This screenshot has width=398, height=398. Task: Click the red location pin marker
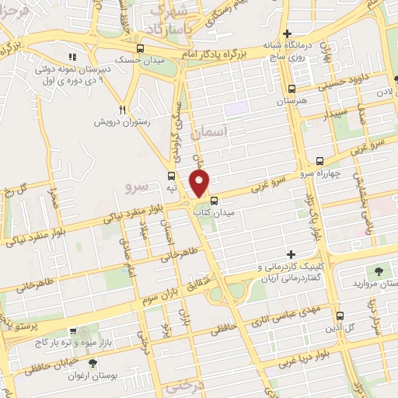pos(201,183)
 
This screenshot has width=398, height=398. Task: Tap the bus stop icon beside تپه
pos(171,175)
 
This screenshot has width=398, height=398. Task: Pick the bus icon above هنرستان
pos(292,89)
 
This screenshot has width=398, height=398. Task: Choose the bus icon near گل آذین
pos(340,316)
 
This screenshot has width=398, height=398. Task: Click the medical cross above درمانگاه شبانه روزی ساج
pos(288,34)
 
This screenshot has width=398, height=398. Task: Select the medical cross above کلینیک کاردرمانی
pos(292,255)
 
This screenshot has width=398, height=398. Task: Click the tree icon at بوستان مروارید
pos(378,271)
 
